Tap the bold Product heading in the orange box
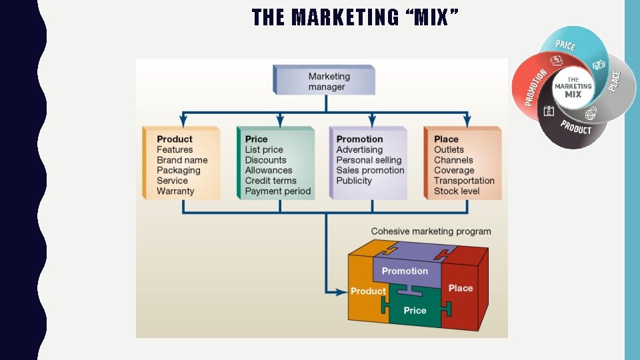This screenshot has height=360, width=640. [175, 139]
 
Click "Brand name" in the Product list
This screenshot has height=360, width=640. [182, 160]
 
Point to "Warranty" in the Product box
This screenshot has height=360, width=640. [175, 191]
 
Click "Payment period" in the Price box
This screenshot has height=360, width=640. [277, 191]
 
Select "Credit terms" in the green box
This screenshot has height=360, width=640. [271, 181]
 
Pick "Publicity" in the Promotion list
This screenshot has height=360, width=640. [354, 181]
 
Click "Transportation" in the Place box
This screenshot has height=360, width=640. [464, 181]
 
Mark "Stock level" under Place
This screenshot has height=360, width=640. [457, 191]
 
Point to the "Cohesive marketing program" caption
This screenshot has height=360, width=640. [431, 231]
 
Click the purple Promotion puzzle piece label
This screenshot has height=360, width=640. [405, 271]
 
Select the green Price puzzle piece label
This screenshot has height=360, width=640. [415, 311]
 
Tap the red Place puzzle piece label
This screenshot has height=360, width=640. [461, 288]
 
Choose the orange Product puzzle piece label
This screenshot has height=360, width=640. [368, 291]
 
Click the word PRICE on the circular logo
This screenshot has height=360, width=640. [565, 45]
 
